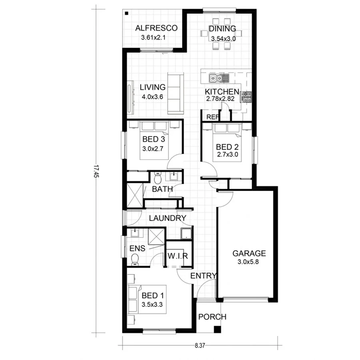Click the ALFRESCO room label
coord(156,28)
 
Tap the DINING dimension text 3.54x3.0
coord(223,39)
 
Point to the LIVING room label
coord(152,87)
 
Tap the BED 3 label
coord(154,140)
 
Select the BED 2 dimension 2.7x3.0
coord(227,154)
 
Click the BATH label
coord(162,189)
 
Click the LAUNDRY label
coord(168,218)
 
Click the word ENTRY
coord(203,276)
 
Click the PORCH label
coord(212,317)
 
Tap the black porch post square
coord(217,330)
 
